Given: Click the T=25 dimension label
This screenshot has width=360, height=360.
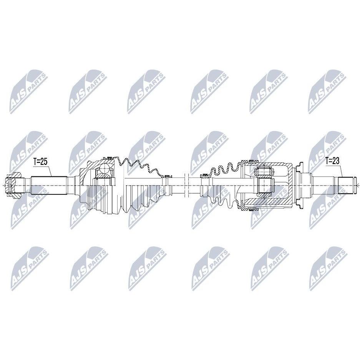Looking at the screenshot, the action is (x=40, y=162).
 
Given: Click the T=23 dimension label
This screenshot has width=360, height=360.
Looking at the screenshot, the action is (x=332, y=161).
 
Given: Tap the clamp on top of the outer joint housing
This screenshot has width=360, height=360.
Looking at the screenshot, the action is (x=109, y=158).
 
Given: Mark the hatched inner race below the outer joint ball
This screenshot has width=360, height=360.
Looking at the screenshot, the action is (x=104, y=176).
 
